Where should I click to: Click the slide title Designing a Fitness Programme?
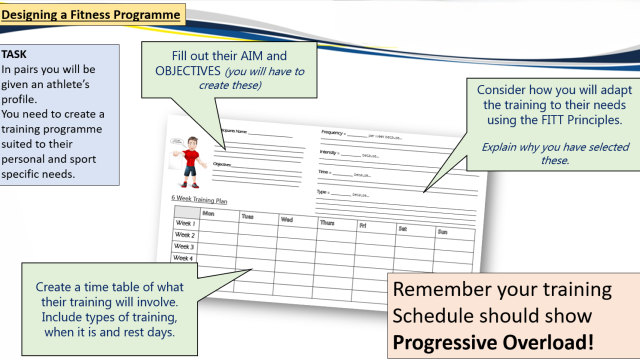pos(90,15)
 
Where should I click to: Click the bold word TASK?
pos(14,54)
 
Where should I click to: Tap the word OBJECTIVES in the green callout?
pos(187,71)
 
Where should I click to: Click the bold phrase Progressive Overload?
pos(493,342)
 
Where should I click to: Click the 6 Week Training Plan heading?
pos(199,199)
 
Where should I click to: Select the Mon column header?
pos(208,213)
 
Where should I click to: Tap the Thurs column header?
pos(327,222)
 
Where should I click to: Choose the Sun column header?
pos(442,231)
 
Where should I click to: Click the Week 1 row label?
pos(185,223)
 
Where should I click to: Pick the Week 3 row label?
pos(183,246)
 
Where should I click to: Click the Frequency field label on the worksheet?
pos(332,132)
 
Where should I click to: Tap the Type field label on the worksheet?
pos(322,192)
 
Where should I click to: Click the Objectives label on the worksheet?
pos(222,164)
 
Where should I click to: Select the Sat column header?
pos(402,228)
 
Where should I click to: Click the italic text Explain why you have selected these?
pos(555,153)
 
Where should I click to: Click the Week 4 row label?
pos(182,258)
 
